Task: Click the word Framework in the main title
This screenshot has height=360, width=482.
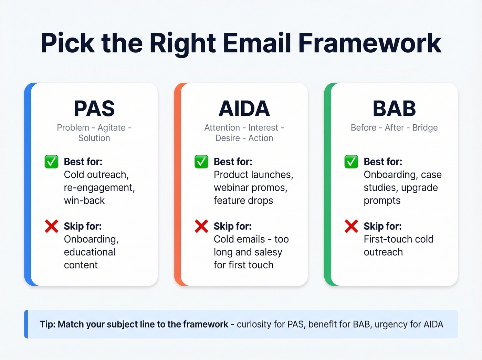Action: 370,43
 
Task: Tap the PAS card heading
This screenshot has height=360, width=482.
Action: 94,109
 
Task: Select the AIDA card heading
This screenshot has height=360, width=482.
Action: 244,109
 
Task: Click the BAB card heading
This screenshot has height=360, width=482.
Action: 394,109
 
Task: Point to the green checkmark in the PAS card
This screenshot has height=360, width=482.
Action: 52,162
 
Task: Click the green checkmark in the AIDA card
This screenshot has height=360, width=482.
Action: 201,162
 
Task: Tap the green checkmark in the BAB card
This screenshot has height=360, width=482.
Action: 351,162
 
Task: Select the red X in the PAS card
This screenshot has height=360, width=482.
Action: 52,226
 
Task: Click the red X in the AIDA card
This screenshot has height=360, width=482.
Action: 201,226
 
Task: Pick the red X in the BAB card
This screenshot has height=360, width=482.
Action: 351,226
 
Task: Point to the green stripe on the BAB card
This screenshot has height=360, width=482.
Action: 327,184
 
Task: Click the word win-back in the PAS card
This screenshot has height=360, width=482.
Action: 84,200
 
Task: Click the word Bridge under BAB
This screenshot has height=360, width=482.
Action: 425,128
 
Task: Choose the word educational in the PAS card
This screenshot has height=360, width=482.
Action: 90,252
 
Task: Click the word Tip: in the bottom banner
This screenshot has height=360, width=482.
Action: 48,325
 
